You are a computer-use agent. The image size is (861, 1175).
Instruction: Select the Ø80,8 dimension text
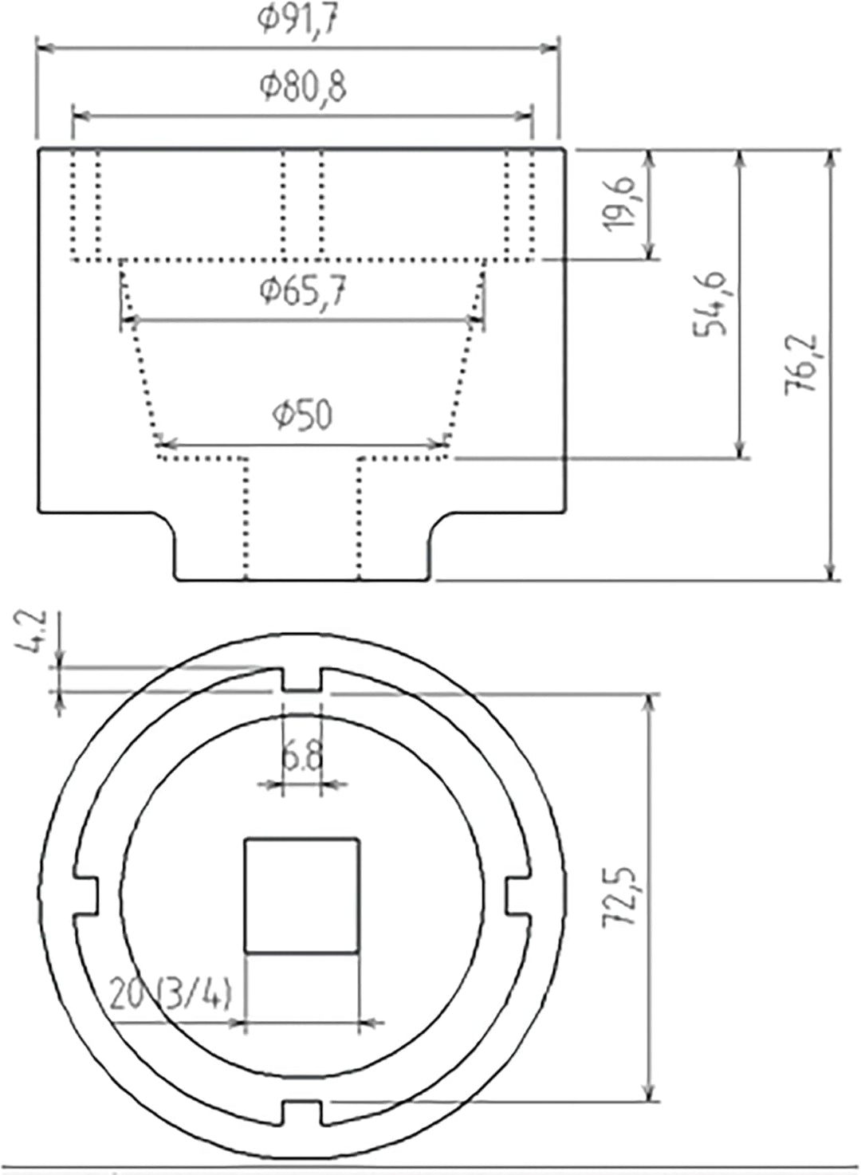coord(303,87)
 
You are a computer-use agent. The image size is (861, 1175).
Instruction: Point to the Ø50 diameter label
coord(303,415)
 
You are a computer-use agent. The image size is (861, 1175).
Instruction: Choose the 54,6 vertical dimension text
coord(710,305)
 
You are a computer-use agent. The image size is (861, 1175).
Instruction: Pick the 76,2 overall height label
coord(800,364)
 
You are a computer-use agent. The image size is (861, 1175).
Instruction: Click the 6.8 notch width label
coord(301,757)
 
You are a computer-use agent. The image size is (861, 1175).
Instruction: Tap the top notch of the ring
coord(302,680)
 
